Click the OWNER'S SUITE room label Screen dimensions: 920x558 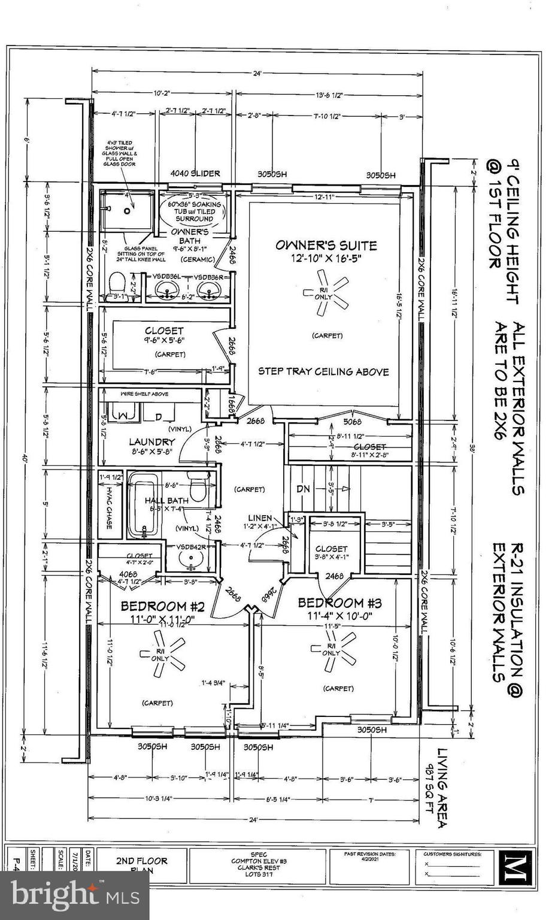326,245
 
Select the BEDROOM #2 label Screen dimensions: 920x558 163,605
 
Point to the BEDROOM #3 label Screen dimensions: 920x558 339,603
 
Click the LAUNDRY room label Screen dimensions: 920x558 151,442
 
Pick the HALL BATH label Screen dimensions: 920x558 166,500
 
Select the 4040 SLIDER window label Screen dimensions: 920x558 195,174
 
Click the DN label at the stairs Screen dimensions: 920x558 304,489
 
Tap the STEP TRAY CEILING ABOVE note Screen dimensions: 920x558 323,371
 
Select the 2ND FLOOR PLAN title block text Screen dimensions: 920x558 141,864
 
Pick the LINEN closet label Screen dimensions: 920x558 260,518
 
